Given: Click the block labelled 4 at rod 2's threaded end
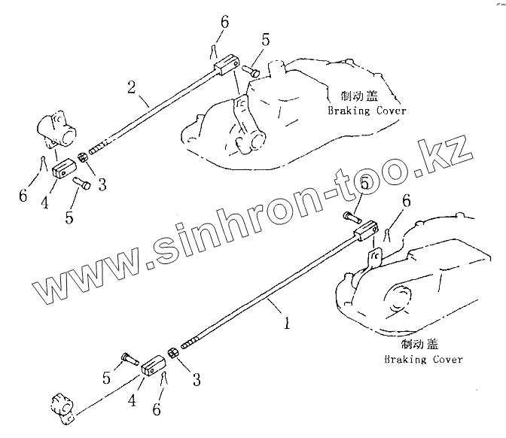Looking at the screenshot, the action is pos(63,167).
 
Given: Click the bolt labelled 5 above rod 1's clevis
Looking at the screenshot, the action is pos(349,218).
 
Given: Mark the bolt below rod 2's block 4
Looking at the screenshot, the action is pos(81,183).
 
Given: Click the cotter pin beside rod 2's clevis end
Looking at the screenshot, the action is pos(214,51).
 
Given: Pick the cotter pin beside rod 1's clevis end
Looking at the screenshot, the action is pos(386,233).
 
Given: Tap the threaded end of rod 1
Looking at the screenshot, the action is pos(188,342).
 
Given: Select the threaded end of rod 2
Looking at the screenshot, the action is pos(102,146).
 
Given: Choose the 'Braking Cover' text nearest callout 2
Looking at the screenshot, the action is pos(367,111).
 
